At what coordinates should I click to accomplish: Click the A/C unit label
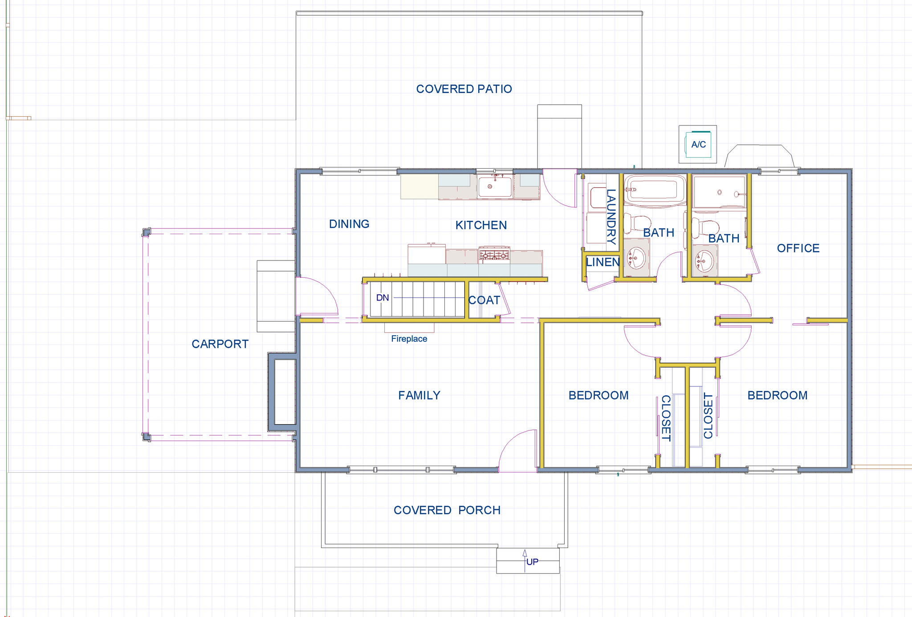tap(698, 145)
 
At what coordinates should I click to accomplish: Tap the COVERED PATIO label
tap(464, 89)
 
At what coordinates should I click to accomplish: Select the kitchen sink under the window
tap(494, 187)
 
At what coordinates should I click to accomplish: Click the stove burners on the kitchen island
tap(494, 255)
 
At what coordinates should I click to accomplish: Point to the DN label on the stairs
tap(383, 298)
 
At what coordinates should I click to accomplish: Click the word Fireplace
tap(409, 339)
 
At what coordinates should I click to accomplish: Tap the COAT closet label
tap(484, 300)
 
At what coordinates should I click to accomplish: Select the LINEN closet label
tap(602, 262)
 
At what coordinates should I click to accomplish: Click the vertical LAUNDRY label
tap(611, 217)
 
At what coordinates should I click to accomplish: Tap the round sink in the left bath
tap(637, 257)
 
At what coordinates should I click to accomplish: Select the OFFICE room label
tap(798, 248)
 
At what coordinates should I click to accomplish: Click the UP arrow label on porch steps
tap(532, 562)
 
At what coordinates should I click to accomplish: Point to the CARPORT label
tap(220, 344)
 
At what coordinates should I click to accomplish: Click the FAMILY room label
tap(419, 395)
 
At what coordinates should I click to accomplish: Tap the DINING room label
tap(349, 224)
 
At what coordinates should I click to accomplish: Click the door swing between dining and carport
tap(317, 296)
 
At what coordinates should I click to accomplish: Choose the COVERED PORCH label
tap(447, 510)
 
